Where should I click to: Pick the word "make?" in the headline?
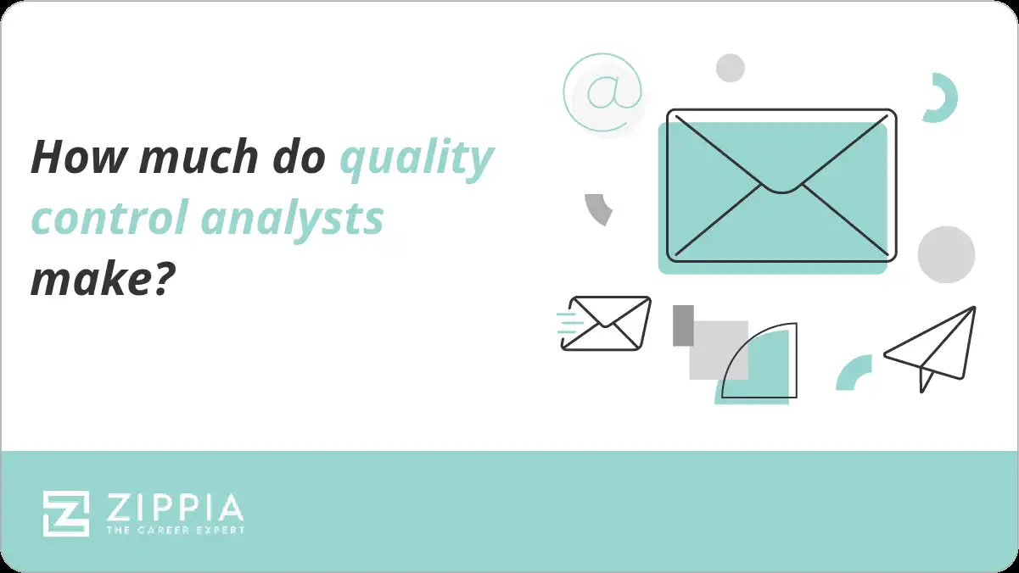96,280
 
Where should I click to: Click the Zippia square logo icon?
66,514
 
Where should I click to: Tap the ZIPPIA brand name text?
175,509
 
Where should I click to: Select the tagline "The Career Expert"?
175,530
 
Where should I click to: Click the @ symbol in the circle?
602,92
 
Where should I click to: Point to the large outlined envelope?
781,185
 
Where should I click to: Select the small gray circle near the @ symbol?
730,68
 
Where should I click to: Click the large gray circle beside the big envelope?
946,254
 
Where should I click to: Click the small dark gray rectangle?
683,325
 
